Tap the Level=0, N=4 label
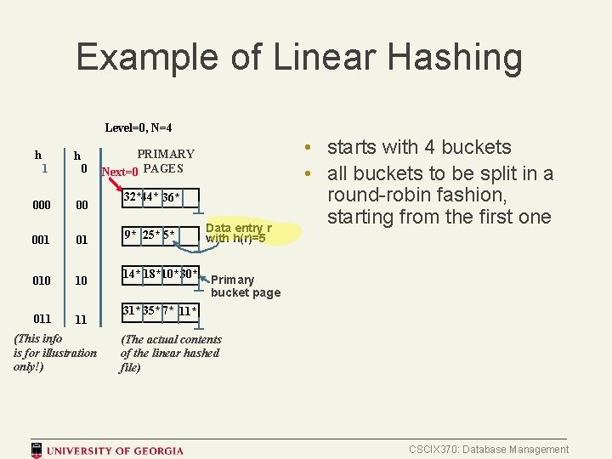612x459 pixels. click(x=138, y=127)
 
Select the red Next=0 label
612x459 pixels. click(x=120, y=172)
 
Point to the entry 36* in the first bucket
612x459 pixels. click(x=170, y=198)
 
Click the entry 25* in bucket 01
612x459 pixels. click(x=150, y=234)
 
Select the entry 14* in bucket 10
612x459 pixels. click(x=131, y=275)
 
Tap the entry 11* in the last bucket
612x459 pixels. click(x=188, y=311)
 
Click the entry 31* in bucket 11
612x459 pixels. click(x=131, y=311)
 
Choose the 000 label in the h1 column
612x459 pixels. click(x=42, y=205)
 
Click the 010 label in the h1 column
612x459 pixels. click(x=42, y=280)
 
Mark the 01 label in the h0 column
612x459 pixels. click(x=82, y=241)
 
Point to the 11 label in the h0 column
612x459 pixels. click(x=82, y=320)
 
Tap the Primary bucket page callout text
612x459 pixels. click(x=244, y=286)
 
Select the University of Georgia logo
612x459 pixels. click(x=107, y=450)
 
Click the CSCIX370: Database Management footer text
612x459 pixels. click(x=489, y=450)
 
